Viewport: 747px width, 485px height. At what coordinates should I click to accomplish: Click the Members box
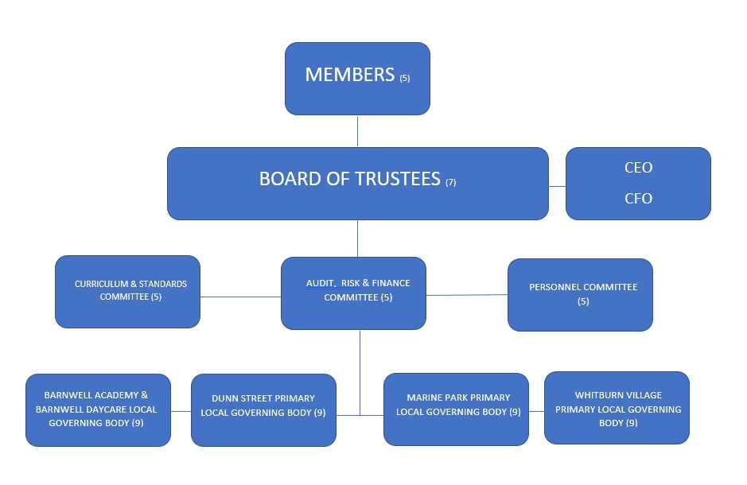tap(357, 79)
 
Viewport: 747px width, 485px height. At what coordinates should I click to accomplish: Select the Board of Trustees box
tap(357, 183)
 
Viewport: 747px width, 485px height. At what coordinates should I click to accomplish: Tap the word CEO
tap(638, 168)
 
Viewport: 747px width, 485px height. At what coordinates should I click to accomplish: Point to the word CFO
tap(638, 199)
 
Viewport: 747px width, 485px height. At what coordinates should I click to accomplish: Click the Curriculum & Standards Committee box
tap(127, 291)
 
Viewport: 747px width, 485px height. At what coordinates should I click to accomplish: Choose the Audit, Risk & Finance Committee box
tap(353, 292)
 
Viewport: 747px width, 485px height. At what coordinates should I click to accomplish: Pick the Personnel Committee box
tap(580, 294)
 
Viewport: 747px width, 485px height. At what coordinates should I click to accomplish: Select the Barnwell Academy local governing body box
tap(98, 409)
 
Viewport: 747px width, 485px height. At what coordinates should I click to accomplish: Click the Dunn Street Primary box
tap(263, 409)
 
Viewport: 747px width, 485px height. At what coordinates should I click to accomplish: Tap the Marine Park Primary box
tap(456, 409)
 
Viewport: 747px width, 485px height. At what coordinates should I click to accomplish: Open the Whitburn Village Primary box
tap(617, 407)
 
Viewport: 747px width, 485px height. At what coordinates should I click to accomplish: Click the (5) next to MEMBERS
tap(405, 79)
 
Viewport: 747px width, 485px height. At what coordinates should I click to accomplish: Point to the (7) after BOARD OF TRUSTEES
tap(451, 182)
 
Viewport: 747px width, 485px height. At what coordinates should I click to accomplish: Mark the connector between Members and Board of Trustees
tap(357, 131)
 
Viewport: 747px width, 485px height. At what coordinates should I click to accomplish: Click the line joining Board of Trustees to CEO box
tap(557, 186)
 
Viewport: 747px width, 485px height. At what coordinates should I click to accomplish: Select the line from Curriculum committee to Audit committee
tap(240, 297)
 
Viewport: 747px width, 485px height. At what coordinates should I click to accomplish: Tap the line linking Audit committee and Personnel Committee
tap(467, 295)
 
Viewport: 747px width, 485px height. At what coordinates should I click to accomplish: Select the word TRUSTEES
tap(402, 180)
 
